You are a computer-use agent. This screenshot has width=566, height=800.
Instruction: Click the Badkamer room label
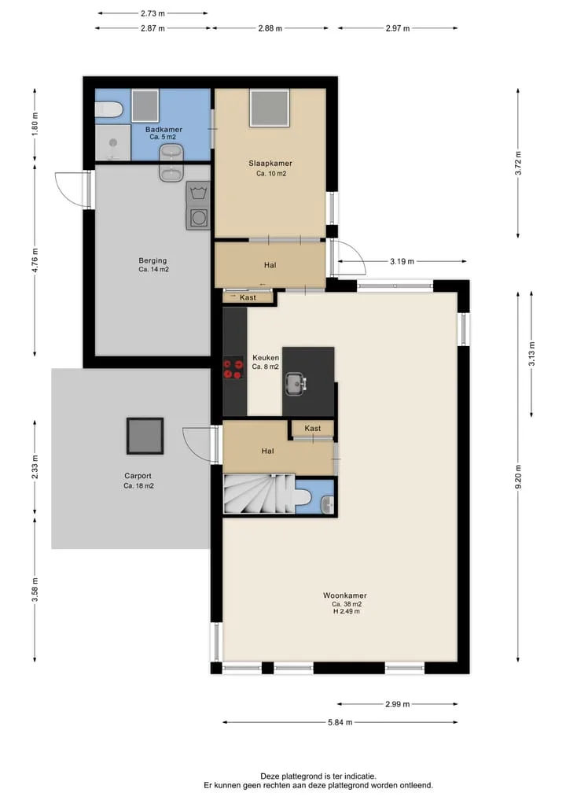click(x=164, y=130)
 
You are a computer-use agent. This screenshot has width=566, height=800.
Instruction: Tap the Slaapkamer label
click(x=270, y=164)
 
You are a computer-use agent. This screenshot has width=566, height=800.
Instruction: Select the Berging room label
click(x=153, y=260)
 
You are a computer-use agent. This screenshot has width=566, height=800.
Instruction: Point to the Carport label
click(x=138, y=475)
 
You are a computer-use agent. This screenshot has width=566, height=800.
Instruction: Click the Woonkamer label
click(x=344, y=595)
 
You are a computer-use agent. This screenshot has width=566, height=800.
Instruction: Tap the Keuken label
click(x=266, y=358)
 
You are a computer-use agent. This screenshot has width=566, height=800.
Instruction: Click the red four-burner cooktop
click(x=233, y=369)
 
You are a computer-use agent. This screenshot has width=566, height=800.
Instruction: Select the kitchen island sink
click(x=296, y=384)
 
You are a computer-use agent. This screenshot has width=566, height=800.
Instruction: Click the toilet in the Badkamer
click(x=109, y=109)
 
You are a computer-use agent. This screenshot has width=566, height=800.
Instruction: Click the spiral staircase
click(x=259, y=494)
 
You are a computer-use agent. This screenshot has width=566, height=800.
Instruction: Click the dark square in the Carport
click(x=145, y=437)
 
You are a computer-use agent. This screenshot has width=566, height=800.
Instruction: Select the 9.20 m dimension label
click(x=518, y=477)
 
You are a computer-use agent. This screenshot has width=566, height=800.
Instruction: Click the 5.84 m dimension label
click(x=340, y=722)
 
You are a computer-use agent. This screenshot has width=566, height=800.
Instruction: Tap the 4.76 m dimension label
click(x=35, y=260)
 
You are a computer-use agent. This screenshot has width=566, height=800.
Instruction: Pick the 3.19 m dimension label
click(x=402, y=261)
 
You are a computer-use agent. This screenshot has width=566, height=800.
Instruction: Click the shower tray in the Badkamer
click(x=113, y=142)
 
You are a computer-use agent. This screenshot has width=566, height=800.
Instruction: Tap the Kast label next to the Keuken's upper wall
click(x=248, y=297)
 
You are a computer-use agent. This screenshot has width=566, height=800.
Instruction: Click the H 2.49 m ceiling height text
click(x=346, y=611)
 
